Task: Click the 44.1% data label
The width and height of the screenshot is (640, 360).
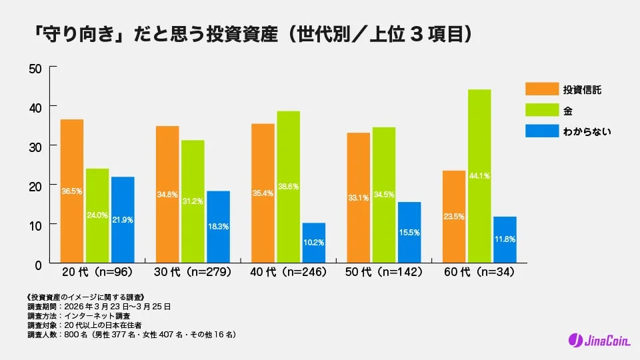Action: coord(479,176)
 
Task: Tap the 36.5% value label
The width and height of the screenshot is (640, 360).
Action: coord(72,191)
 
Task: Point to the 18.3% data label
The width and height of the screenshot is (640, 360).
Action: coord(218,227)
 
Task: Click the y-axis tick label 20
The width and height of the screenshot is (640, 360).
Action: coord(35,185)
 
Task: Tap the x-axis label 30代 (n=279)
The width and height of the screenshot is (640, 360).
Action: coord(193,273)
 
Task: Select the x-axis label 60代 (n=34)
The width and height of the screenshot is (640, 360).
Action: coord(477,273)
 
